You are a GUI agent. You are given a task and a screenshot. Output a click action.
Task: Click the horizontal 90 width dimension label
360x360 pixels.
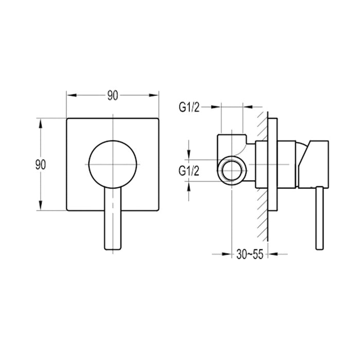(112, 96)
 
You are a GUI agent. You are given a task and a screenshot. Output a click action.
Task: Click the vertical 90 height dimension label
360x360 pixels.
(41, 165)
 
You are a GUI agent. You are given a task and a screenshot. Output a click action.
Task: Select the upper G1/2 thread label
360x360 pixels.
(189, 107)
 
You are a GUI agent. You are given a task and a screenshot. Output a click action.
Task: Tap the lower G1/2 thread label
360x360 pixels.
(189, 171)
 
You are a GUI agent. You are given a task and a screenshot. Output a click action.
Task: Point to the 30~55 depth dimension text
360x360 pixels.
(250, 255)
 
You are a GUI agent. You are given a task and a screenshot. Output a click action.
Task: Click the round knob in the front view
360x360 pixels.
(114, 164)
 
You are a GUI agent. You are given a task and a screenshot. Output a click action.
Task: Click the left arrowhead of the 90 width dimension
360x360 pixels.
(70, 96)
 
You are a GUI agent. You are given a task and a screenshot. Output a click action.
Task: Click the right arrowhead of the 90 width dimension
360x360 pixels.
(155, 96)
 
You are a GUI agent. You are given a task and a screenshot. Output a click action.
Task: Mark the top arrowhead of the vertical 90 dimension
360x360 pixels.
(41, 122)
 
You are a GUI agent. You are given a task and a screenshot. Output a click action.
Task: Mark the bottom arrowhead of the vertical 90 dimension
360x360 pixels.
(41, 207)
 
